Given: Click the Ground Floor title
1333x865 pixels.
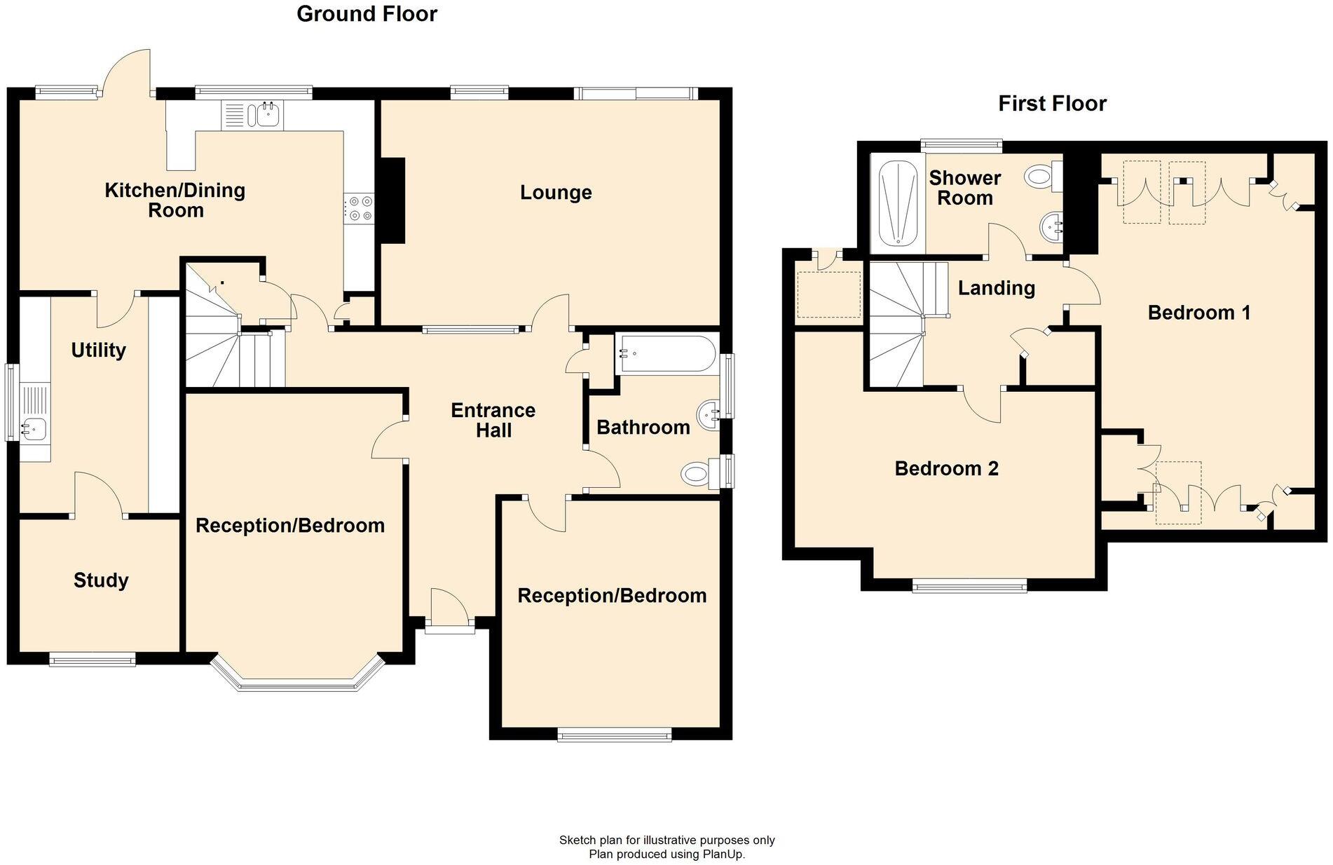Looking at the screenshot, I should (x=367, y=14).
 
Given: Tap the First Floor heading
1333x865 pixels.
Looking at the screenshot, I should (x=1051, y=104).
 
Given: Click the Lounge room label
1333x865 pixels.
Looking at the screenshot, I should (x=556, y=192).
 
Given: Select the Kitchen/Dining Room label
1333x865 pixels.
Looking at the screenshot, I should (x=175, y=200).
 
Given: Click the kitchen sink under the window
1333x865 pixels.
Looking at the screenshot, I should (x=266, y=114).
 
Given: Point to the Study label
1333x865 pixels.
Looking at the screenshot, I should (x=101, y=580).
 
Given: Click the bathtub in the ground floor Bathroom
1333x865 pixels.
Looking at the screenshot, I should (x=664, y=354).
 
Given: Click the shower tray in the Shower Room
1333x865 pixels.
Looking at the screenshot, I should (x=897, y=204).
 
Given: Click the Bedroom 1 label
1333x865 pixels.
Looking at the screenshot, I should (x=1198, y=313).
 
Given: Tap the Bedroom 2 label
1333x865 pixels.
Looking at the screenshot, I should (x=946, y=468).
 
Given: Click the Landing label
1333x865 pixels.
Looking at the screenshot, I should (x=996, y=287).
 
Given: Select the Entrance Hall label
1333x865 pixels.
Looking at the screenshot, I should (x=493, y=420).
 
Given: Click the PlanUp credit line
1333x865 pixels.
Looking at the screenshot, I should (x=666, y=854).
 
